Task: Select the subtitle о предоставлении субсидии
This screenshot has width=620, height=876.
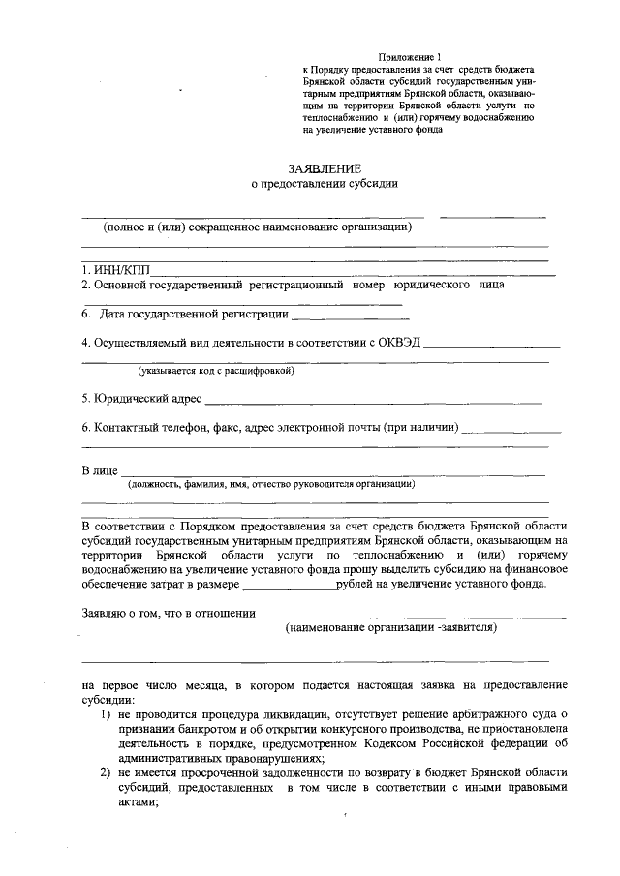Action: pyautogui.click(x=325, y=184)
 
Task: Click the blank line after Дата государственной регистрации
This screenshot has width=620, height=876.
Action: pyautogui.click(x=350, y=315)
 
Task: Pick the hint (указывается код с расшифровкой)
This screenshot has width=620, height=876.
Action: pyautogui.click(x=215, y=370)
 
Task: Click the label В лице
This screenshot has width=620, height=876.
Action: pyautogui.click(x=99, y=470)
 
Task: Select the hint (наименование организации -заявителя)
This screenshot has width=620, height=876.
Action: pyautogui.click(x=390, y=628)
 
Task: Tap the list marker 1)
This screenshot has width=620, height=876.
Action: pyautogui.click(x=107, y=714)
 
